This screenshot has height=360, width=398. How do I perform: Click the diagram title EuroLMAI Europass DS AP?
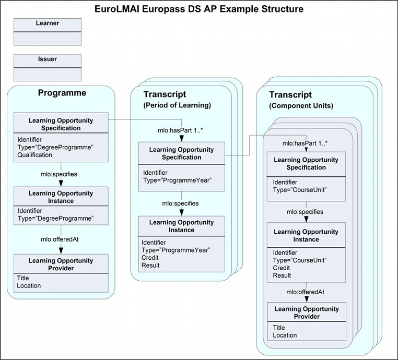(199, 9)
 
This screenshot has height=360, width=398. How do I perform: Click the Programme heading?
(62, 93)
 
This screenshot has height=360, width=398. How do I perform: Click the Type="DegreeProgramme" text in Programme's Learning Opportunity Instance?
(55, 218)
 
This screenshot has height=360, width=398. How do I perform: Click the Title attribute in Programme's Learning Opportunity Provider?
(23, 278)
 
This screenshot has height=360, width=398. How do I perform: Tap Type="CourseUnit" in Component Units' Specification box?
(300, 190)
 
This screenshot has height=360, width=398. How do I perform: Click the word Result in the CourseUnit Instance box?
(282, 275)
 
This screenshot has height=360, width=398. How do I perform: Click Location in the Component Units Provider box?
(285, 335)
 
